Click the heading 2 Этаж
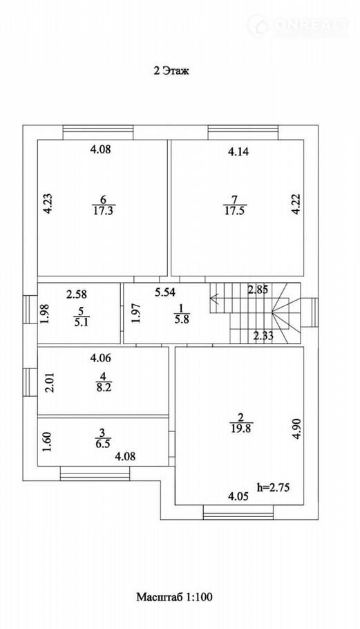pos(171,71)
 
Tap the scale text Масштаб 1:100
pos(174,597)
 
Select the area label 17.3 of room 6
pos(103,211)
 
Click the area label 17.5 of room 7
pos(236,211)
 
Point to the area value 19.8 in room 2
pos(241,428)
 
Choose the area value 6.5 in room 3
pos(103,443)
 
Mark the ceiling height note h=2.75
pos(273,488)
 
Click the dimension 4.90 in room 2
pos(296,429)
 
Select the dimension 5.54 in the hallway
pos(165,292)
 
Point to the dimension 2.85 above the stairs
pos(258,289)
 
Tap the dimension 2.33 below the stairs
pos(263,335)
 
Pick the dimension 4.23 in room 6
pos(48,204)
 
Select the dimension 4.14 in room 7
pos(238,151)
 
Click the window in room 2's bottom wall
pos(238,512)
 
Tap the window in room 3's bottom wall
pos(95,473)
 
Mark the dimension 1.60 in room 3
pos(47,441)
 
